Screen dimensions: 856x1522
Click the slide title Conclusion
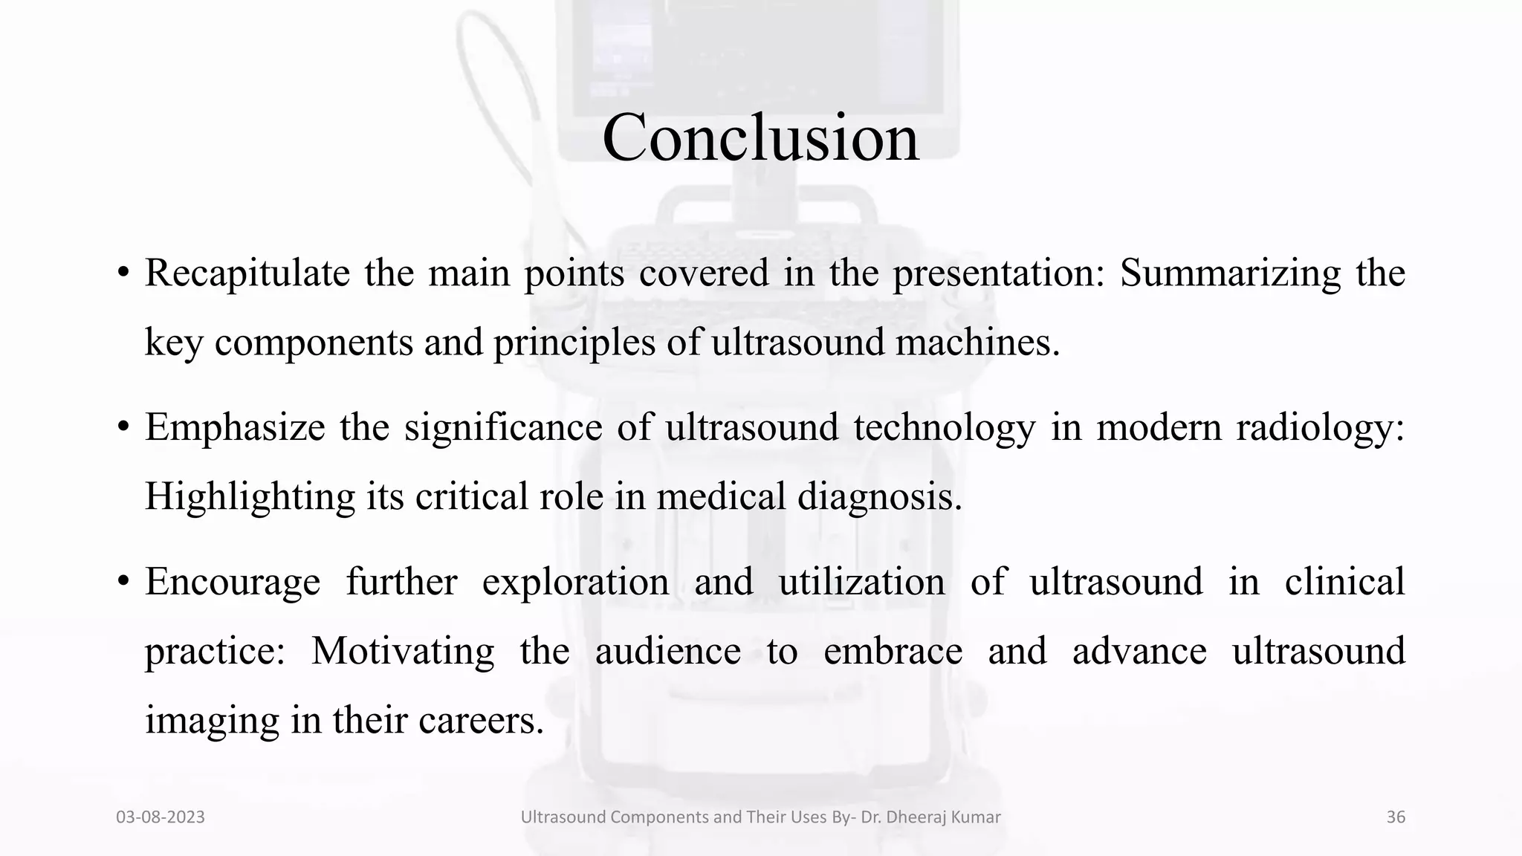pos(760,137)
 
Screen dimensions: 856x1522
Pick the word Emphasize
pos(235,427)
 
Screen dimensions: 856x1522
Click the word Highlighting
pos(250,496)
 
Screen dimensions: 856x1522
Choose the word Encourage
pos(233,581)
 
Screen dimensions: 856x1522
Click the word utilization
pos(861,581)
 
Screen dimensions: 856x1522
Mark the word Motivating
pos(402,651)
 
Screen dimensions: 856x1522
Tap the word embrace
pos(893,651)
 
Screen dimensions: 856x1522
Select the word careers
pos(481,720)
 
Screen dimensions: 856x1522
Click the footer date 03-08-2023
pos(161,817)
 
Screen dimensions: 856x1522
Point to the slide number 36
pos(1396,817)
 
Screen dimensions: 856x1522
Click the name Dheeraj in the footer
pos(921,817)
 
